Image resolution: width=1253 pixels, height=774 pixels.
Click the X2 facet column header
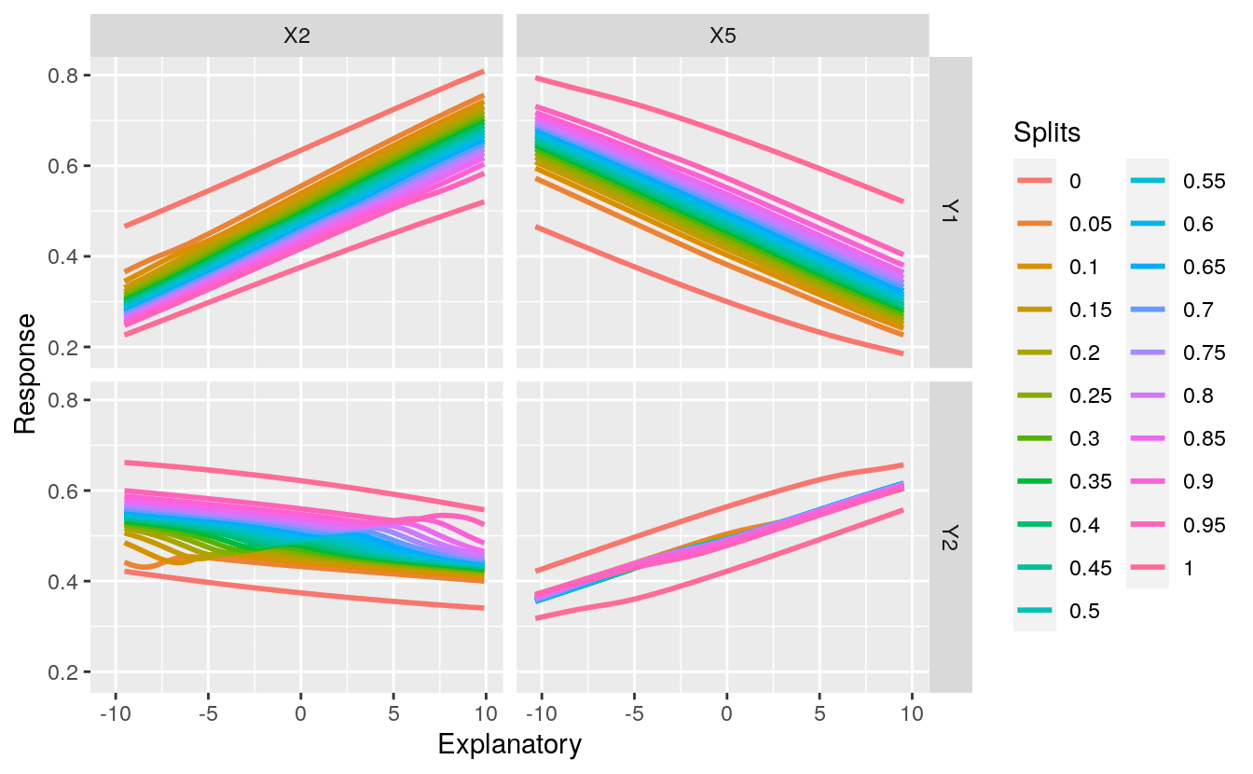pos(296,36)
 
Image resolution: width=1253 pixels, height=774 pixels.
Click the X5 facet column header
pos(723,36)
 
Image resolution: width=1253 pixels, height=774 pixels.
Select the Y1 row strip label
pos(951,213)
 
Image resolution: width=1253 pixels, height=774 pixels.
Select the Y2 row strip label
pos(951,536)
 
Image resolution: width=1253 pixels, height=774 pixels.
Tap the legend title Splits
pos(1047,133)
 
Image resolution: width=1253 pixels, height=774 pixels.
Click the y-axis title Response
pos(25,373)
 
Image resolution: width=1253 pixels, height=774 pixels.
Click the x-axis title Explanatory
pos(510,745)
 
